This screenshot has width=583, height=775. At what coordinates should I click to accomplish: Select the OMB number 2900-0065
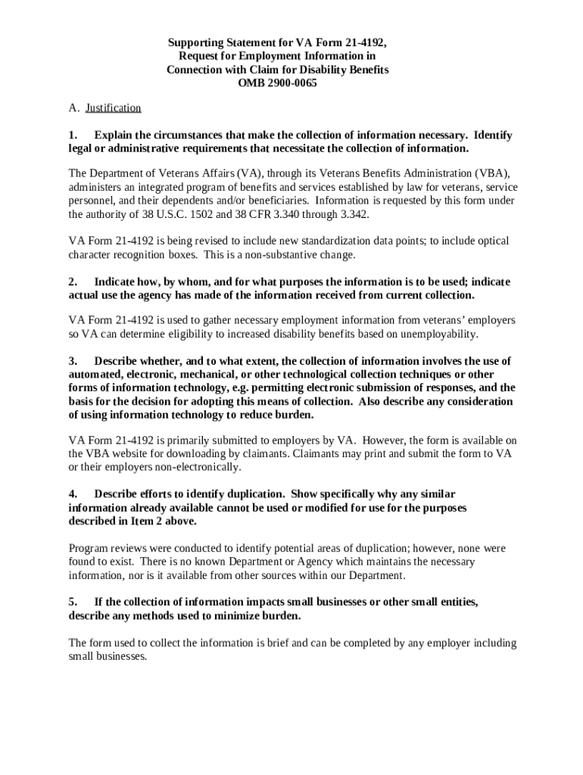pos(291,82)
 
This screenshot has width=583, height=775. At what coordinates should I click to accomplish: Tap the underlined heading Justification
pos(114,108)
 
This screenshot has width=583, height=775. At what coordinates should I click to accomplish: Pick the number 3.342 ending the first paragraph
pos(351,214)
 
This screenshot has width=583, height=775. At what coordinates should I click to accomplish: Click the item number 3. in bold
pos(73,360)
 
